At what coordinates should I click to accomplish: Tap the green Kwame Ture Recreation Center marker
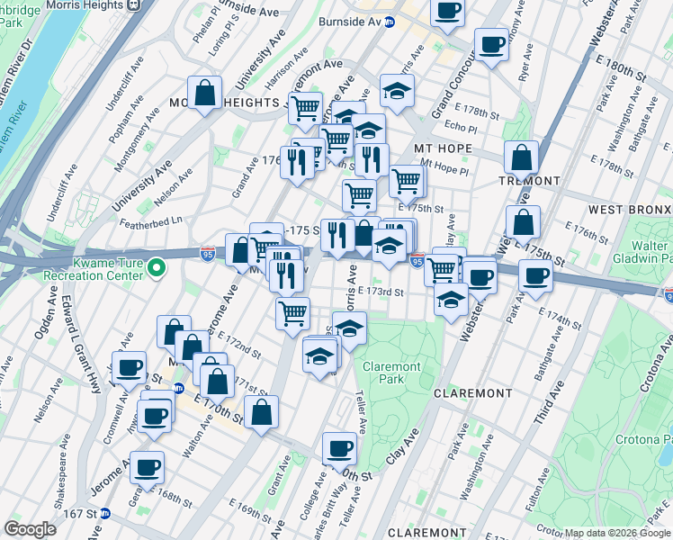pyautogui.click(x=156, y=267)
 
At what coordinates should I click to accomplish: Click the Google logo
pyautogui.click(x=30, y=528)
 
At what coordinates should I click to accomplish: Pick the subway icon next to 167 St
pyautogui.click(x=105, y=513)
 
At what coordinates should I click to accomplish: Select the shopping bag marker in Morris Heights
pyautogui.click(x=205, y=92)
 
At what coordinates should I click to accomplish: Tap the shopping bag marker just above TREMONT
pyautogui.click(x=521, y=156)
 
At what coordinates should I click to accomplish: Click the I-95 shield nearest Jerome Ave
pyautogui.click(x=208, y=255)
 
